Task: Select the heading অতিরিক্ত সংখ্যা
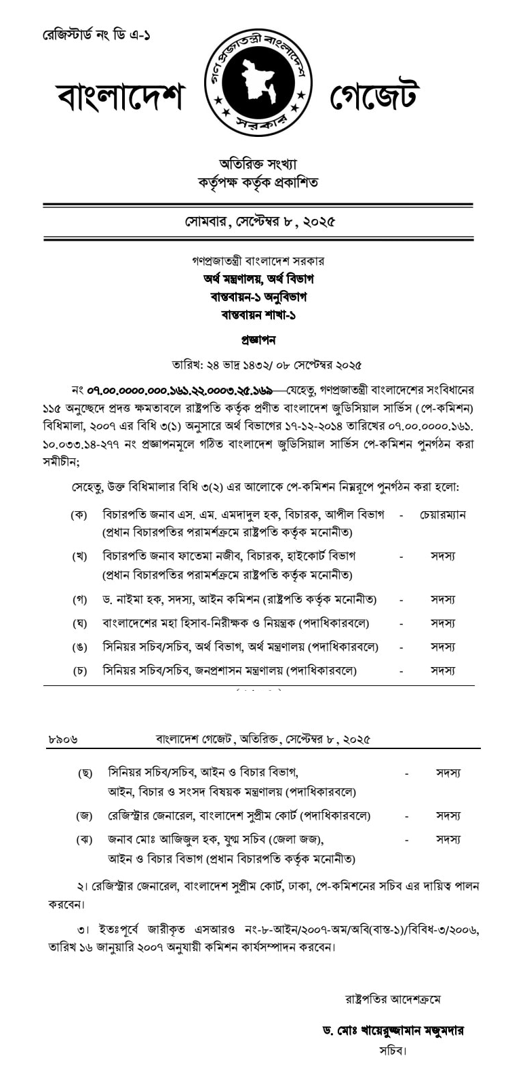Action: tap(258, 164)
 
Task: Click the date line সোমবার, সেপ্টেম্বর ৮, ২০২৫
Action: tap(260, 222)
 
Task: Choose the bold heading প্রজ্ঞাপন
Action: tap(258, 340)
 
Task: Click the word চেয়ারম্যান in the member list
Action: tap(443, 515)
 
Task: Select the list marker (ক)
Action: tap(79, 515)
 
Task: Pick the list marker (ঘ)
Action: tap(79, 623)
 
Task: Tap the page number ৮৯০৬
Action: tap(63, 739)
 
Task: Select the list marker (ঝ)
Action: tap(84, 839)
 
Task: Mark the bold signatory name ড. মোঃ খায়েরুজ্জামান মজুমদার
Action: tap(393, 1030)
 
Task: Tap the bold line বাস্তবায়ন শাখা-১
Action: tap(258, 315)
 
